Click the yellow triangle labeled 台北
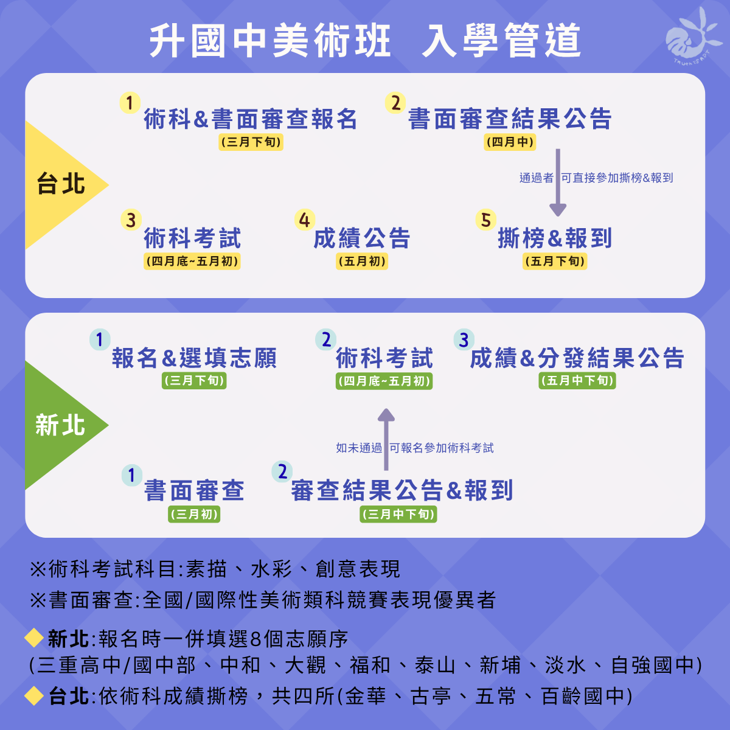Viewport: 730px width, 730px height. coord(61,184)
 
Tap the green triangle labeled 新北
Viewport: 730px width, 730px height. coord(61,425)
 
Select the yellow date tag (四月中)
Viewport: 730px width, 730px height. coord(510,142)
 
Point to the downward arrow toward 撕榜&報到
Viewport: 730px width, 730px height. coord(557,182)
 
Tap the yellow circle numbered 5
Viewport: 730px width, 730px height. coord(485,220)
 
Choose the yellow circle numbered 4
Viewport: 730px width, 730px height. coord(304,220)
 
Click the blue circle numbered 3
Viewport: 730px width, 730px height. coord(464,339)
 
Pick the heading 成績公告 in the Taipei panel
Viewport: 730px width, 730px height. coord(362,238)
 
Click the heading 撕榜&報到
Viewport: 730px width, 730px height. coord(555,238)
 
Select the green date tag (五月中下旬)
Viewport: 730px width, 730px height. coord(577,381)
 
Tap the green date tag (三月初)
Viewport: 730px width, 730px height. coord(194,514)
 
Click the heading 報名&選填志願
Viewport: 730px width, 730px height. coord(194,358)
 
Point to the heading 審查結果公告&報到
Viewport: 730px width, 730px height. coord(401,490)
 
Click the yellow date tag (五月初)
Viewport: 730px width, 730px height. coord(362,262)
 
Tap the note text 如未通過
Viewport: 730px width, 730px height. coord(359,448)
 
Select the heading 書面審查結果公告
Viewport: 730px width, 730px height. coord(510,119)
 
